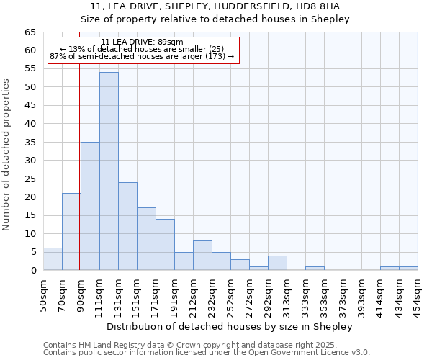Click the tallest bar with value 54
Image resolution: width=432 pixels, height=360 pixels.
coord(109,171)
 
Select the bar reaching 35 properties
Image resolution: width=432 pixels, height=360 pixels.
coord(90,206)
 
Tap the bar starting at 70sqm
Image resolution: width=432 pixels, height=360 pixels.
coord(71,232)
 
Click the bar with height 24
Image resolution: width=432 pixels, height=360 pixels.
coord(127,226)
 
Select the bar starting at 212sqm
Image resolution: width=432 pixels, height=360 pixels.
coord(202,256)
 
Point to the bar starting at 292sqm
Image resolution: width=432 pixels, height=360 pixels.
coord(277,263)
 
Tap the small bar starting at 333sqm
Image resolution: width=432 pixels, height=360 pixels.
coord(315,269)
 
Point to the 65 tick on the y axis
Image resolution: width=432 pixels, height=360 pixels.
coord(30,32)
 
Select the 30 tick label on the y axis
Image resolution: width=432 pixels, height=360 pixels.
coord(30,161)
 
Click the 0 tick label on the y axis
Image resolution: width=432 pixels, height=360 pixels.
coord(33,271)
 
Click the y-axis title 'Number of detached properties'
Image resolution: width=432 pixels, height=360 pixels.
coord(7,155)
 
